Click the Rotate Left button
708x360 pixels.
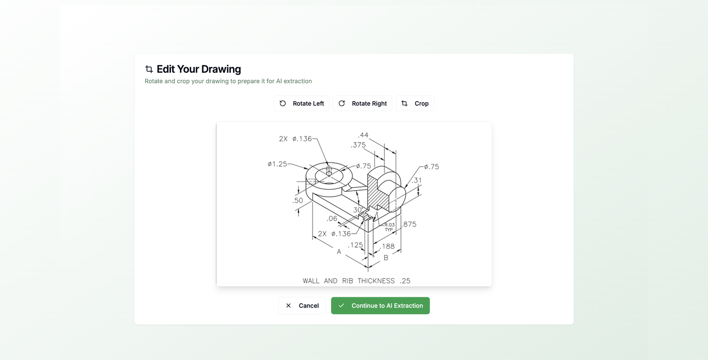302,104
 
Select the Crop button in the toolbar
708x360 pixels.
415,104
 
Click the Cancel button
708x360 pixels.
302,305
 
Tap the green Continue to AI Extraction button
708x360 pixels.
380,305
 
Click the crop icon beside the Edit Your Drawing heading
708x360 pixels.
149,69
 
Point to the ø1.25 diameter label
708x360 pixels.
277,164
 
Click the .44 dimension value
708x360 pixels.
363,135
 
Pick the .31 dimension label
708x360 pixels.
417,181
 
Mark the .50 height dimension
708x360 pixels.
298,201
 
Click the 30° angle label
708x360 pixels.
358,210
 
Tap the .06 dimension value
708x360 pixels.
332,218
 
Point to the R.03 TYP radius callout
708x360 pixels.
389,227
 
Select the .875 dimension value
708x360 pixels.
409,224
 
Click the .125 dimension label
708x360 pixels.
356,245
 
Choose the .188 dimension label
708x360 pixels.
387,246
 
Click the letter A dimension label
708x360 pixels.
339,251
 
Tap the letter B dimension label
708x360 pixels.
386,257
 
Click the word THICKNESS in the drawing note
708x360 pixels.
376,281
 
